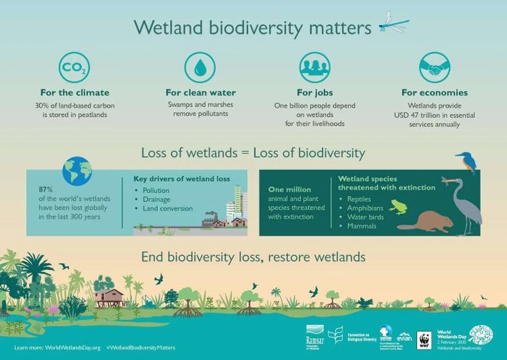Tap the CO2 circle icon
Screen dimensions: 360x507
coord(74,68)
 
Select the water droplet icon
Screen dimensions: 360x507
coord(200,68)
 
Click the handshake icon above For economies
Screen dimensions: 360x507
coord(435,68)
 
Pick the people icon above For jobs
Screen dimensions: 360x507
coord(315,68)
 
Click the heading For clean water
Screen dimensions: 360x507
coord(200,93)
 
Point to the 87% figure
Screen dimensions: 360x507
coord(46,190)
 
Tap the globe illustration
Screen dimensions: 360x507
coord(77,171)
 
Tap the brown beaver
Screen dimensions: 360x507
coord(426,222)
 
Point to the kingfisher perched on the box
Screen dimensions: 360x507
coord(466,161)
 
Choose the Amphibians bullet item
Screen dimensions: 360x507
coord(365,208)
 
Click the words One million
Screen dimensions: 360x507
coord(289,190)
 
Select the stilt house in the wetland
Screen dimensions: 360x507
coord(109,297)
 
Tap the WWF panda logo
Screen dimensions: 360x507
coord(424,340)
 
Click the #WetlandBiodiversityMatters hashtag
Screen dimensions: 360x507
coord(141,348)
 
